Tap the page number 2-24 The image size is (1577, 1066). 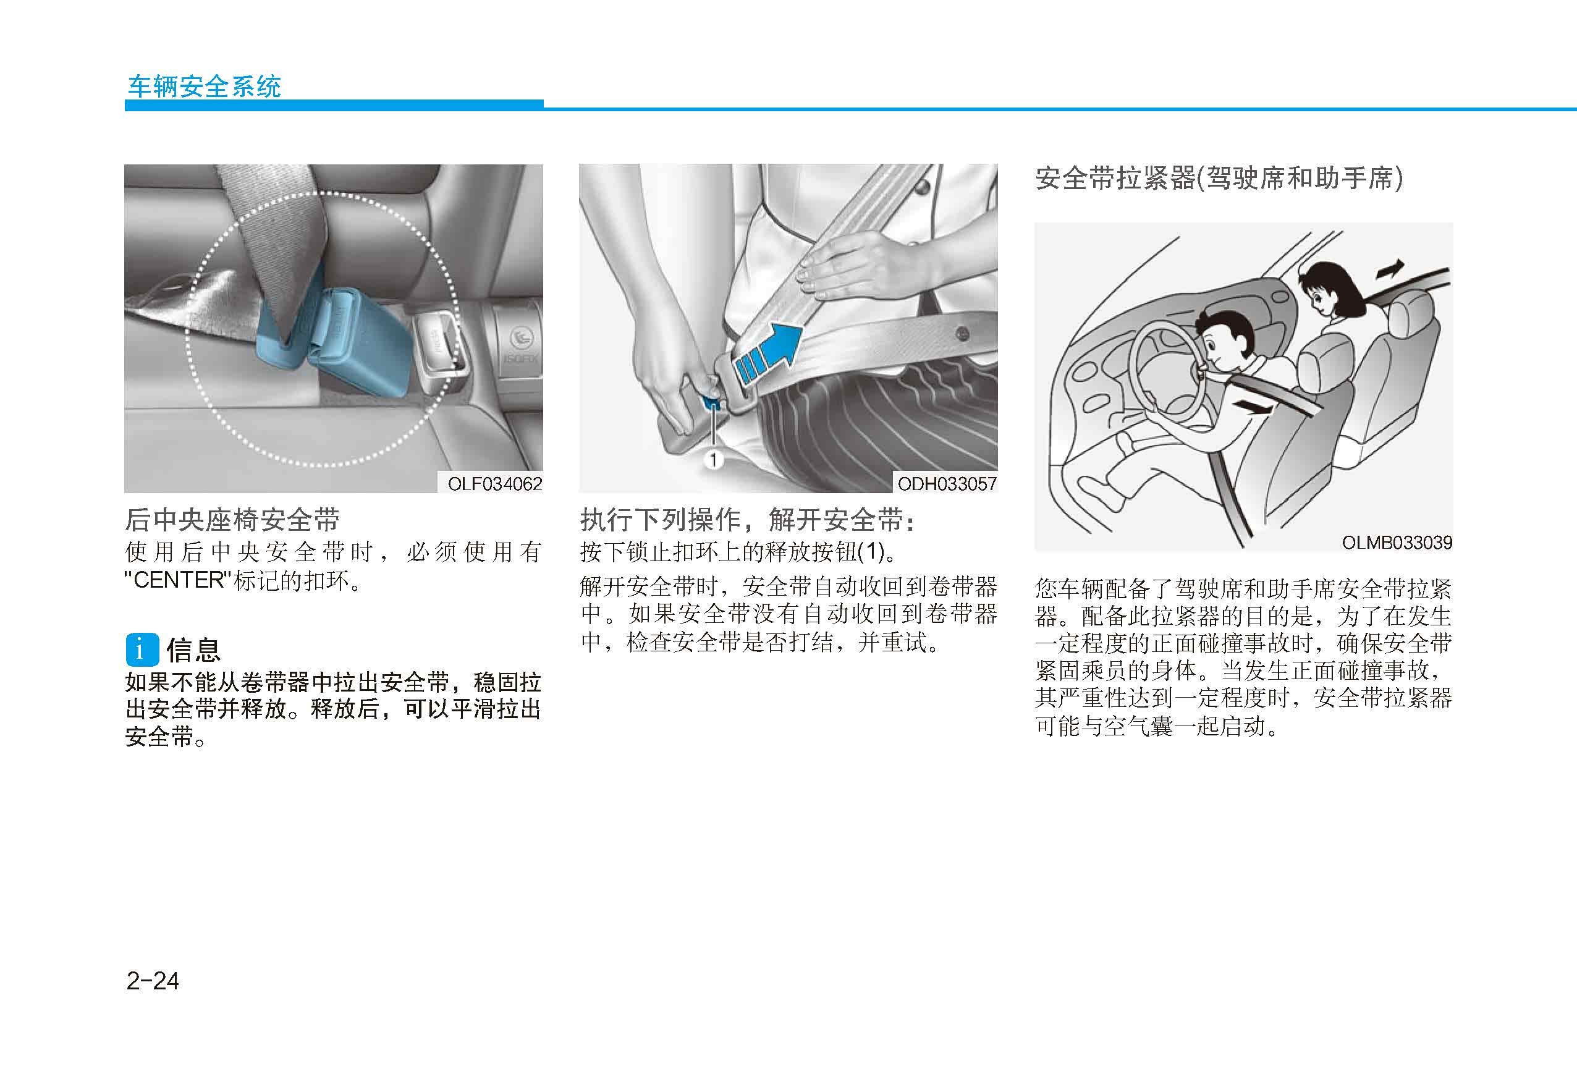(153, 981)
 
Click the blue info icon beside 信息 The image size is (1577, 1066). (143, 649)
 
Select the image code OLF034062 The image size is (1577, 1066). (495, 484)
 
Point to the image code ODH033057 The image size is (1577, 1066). (947, 484)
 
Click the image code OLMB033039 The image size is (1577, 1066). (1397, 543)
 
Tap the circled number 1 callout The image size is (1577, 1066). (713, 460)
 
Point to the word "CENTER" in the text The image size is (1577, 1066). (179, 581)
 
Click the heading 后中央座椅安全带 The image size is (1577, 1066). (232, 520)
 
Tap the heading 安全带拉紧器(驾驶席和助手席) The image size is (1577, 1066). (1219, 179)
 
